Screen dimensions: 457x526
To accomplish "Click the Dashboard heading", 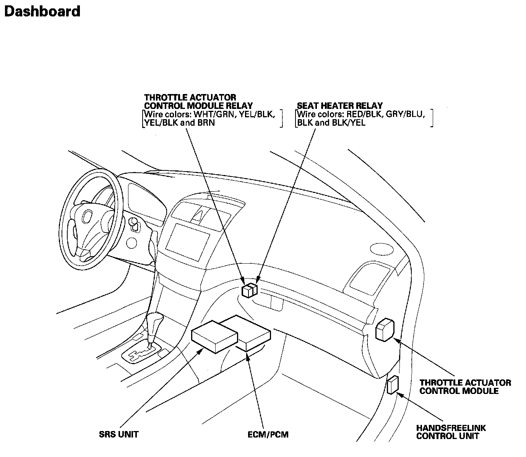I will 42,11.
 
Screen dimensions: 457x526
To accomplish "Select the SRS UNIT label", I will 119,434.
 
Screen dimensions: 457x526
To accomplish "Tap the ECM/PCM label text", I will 268,434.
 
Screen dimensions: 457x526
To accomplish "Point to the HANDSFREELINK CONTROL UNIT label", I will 451,432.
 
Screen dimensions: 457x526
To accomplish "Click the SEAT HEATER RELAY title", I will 340,105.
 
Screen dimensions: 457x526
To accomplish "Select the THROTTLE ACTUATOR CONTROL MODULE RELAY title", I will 198,102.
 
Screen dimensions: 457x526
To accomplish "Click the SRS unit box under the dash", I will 214,336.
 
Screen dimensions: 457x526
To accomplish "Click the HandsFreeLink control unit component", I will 393,385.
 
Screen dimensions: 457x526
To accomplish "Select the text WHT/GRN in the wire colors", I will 214,114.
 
